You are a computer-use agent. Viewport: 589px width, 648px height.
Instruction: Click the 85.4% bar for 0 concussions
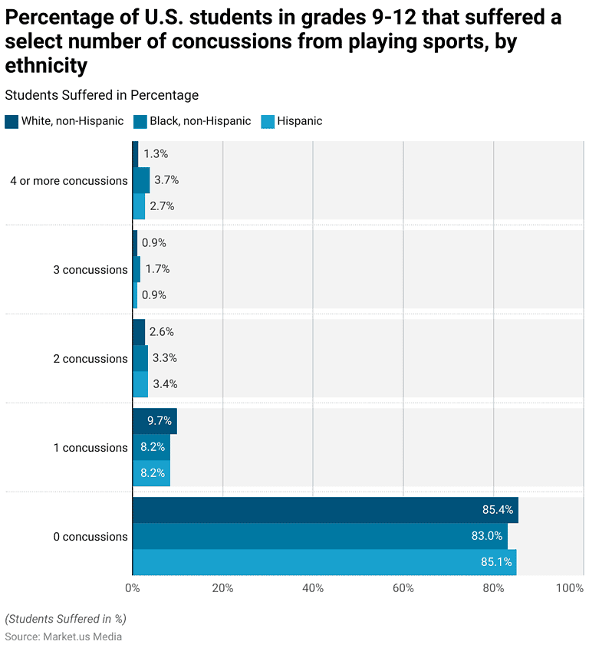pos(325,510)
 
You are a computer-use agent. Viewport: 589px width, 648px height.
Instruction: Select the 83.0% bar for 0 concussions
pos(320,536)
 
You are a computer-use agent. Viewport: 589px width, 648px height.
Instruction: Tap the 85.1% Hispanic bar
pos(324,562)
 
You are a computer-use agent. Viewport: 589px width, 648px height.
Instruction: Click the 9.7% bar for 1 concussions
pos(154,421)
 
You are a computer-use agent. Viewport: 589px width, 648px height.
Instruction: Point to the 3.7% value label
pos(166,180)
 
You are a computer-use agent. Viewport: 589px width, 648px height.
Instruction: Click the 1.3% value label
pos(156,154)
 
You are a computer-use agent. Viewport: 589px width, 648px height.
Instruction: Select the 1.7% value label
pos(157,269)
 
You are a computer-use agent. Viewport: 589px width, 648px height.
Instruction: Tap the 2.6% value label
pos(162,332)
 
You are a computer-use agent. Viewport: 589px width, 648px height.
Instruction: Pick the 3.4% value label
pos(165,384)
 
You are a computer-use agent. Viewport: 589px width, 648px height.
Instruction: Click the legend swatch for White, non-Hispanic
pos(12,121)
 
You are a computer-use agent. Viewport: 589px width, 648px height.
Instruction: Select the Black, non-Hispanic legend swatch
pos(140,121)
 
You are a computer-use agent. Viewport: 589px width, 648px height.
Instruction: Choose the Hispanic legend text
pos(300,121)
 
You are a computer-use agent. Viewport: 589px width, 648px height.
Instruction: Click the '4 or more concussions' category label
pos(69,181)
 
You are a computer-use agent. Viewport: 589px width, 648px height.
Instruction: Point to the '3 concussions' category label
pos(90,270)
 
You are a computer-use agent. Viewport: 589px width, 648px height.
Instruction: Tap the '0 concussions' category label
pos(90,537)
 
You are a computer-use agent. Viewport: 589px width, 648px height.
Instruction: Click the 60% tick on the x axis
pos(403,588)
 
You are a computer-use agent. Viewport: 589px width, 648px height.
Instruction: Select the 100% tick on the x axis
pos(569,588)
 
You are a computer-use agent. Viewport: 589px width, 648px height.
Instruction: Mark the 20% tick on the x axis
pos(222,588)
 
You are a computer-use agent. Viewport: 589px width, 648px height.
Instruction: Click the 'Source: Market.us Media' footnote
pos(64,636)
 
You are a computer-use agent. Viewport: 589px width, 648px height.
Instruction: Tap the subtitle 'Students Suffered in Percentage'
pos(102,95)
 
